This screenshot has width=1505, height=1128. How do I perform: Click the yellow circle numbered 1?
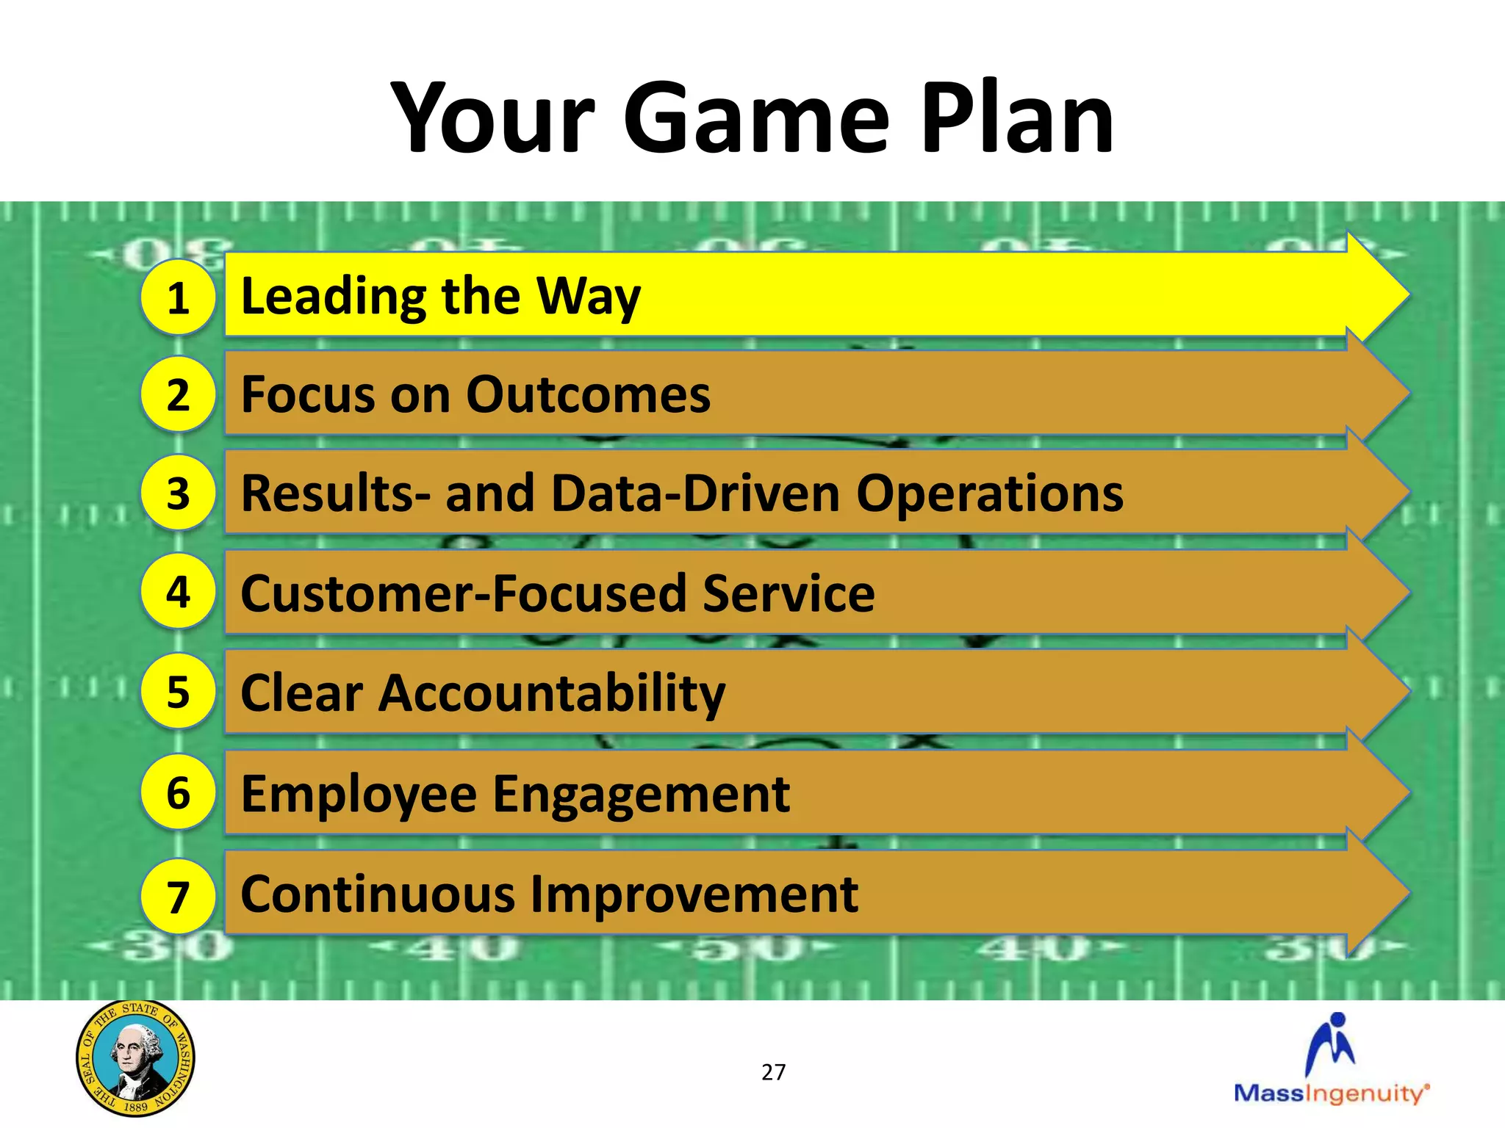click(x=178, y=297)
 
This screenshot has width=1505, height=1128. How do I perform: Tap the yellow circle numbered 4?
click(x=178, y=591)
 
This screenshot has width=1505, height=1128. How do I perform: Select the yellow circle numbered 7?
click(x=178, y=896)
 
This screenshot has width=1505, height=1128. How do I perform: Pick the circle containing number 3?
click(x=178, y=493)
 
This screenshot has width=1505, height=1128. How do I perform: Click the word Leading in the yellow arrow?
click(x=333, y=297)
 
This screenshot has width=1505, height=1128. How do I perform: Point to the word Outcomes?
click(x=588, y=395)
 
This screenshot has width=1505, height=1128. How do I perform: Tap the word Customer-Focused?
click(x=465, y=593)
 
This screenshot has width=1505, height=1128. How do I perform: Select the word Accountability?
click(x=551, y=693)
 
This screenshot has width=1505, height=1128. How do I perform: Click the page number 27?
click(x=773, y=1072)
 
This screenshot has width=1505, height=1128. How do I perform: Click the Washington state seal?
click(x=135, y=1058)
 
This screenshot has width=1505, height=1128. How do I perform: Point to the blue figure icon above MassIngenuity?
click(x=1331, y=1043)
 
